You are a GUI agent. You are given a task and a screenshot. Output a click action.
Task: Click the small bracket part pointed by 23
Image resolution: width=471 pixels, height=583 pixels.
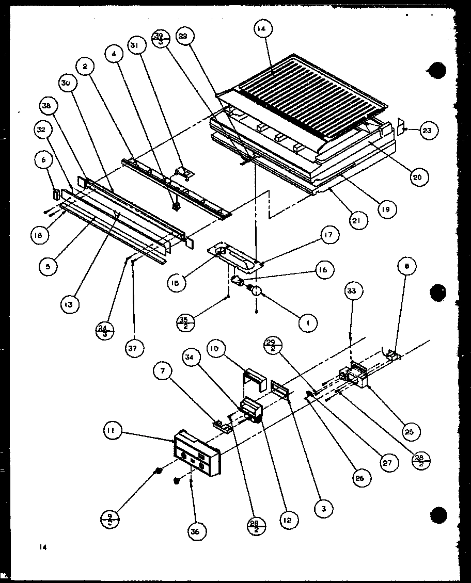[x=400, y=127]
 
